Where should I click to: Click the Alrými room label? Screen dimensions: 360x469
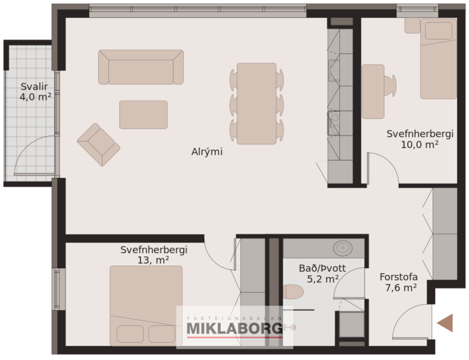207,152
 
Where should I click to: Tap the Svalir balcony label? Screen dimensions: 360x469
34,87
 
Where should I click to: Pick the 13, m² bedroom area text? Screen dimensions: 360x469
153,260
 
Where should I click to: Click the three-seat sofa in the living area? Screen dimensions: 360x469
140,67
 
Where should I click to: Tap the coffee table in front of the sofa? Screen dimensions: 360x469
143,114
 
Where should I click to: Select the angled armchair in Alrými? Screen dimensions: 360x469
98,145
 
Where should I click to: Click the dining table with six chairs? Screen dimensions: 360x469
257,103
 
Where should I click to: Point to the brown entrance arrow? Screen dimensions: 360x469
445,322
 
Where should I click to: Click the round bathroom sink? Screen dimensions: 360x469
342,248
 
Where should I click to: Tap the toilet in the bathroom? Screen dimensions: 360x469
293,291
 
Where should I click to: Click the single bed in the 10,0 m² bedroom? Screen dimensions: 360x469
438,58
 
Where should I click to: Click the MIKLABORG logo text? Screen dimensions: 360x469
234,329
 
